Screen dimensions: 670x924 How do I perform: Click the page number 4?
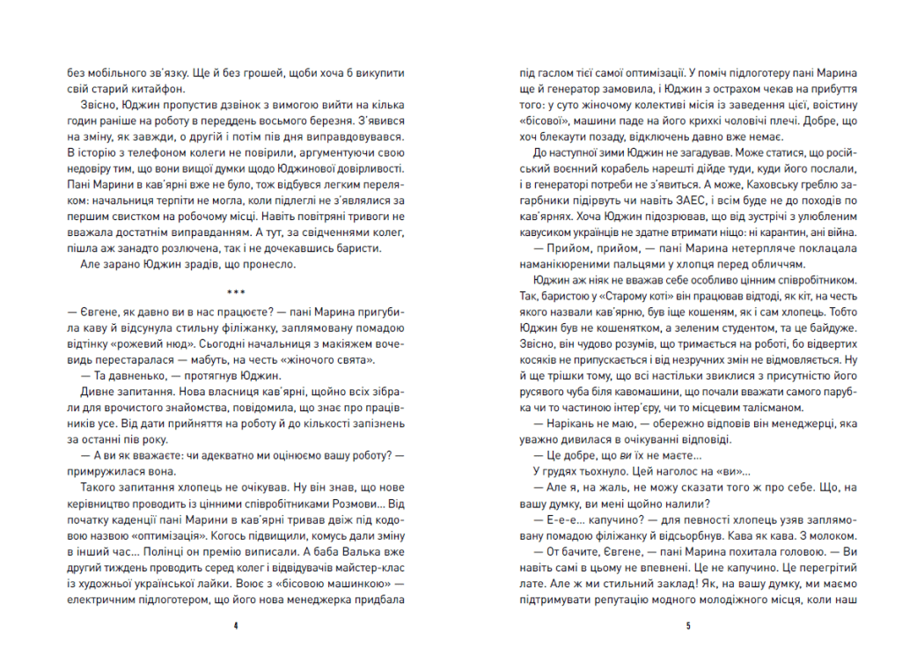pyautogui.click(x=237, y=627)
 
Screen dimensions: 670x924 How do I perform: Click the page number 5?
pyautogui.click(x=687, y=627)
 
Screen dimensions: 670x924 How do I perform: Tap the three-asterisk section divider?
pyautogui.click(x=237, y=291)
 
